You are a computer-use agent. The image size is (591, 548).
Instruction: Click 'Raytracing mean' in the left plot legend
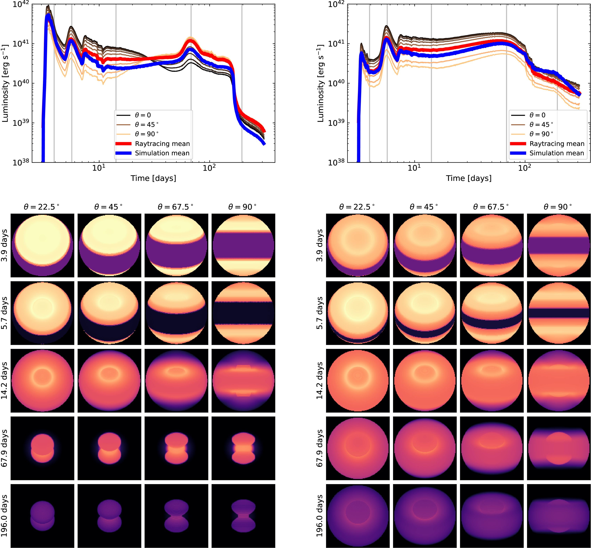162,144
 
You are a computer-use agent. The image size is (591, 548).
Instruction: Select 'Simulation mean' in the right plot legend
556,153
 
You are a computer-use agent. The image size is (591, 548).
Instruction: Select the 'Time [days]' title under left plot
153,178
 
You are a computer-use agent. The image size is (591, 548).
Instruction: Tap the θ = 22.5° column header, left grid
42,207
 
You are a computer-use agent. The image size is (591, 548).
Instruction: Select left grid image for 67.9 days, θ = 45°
109,448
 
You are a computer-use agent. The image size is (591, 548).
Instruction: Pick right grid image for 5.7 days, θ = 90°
559,313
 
